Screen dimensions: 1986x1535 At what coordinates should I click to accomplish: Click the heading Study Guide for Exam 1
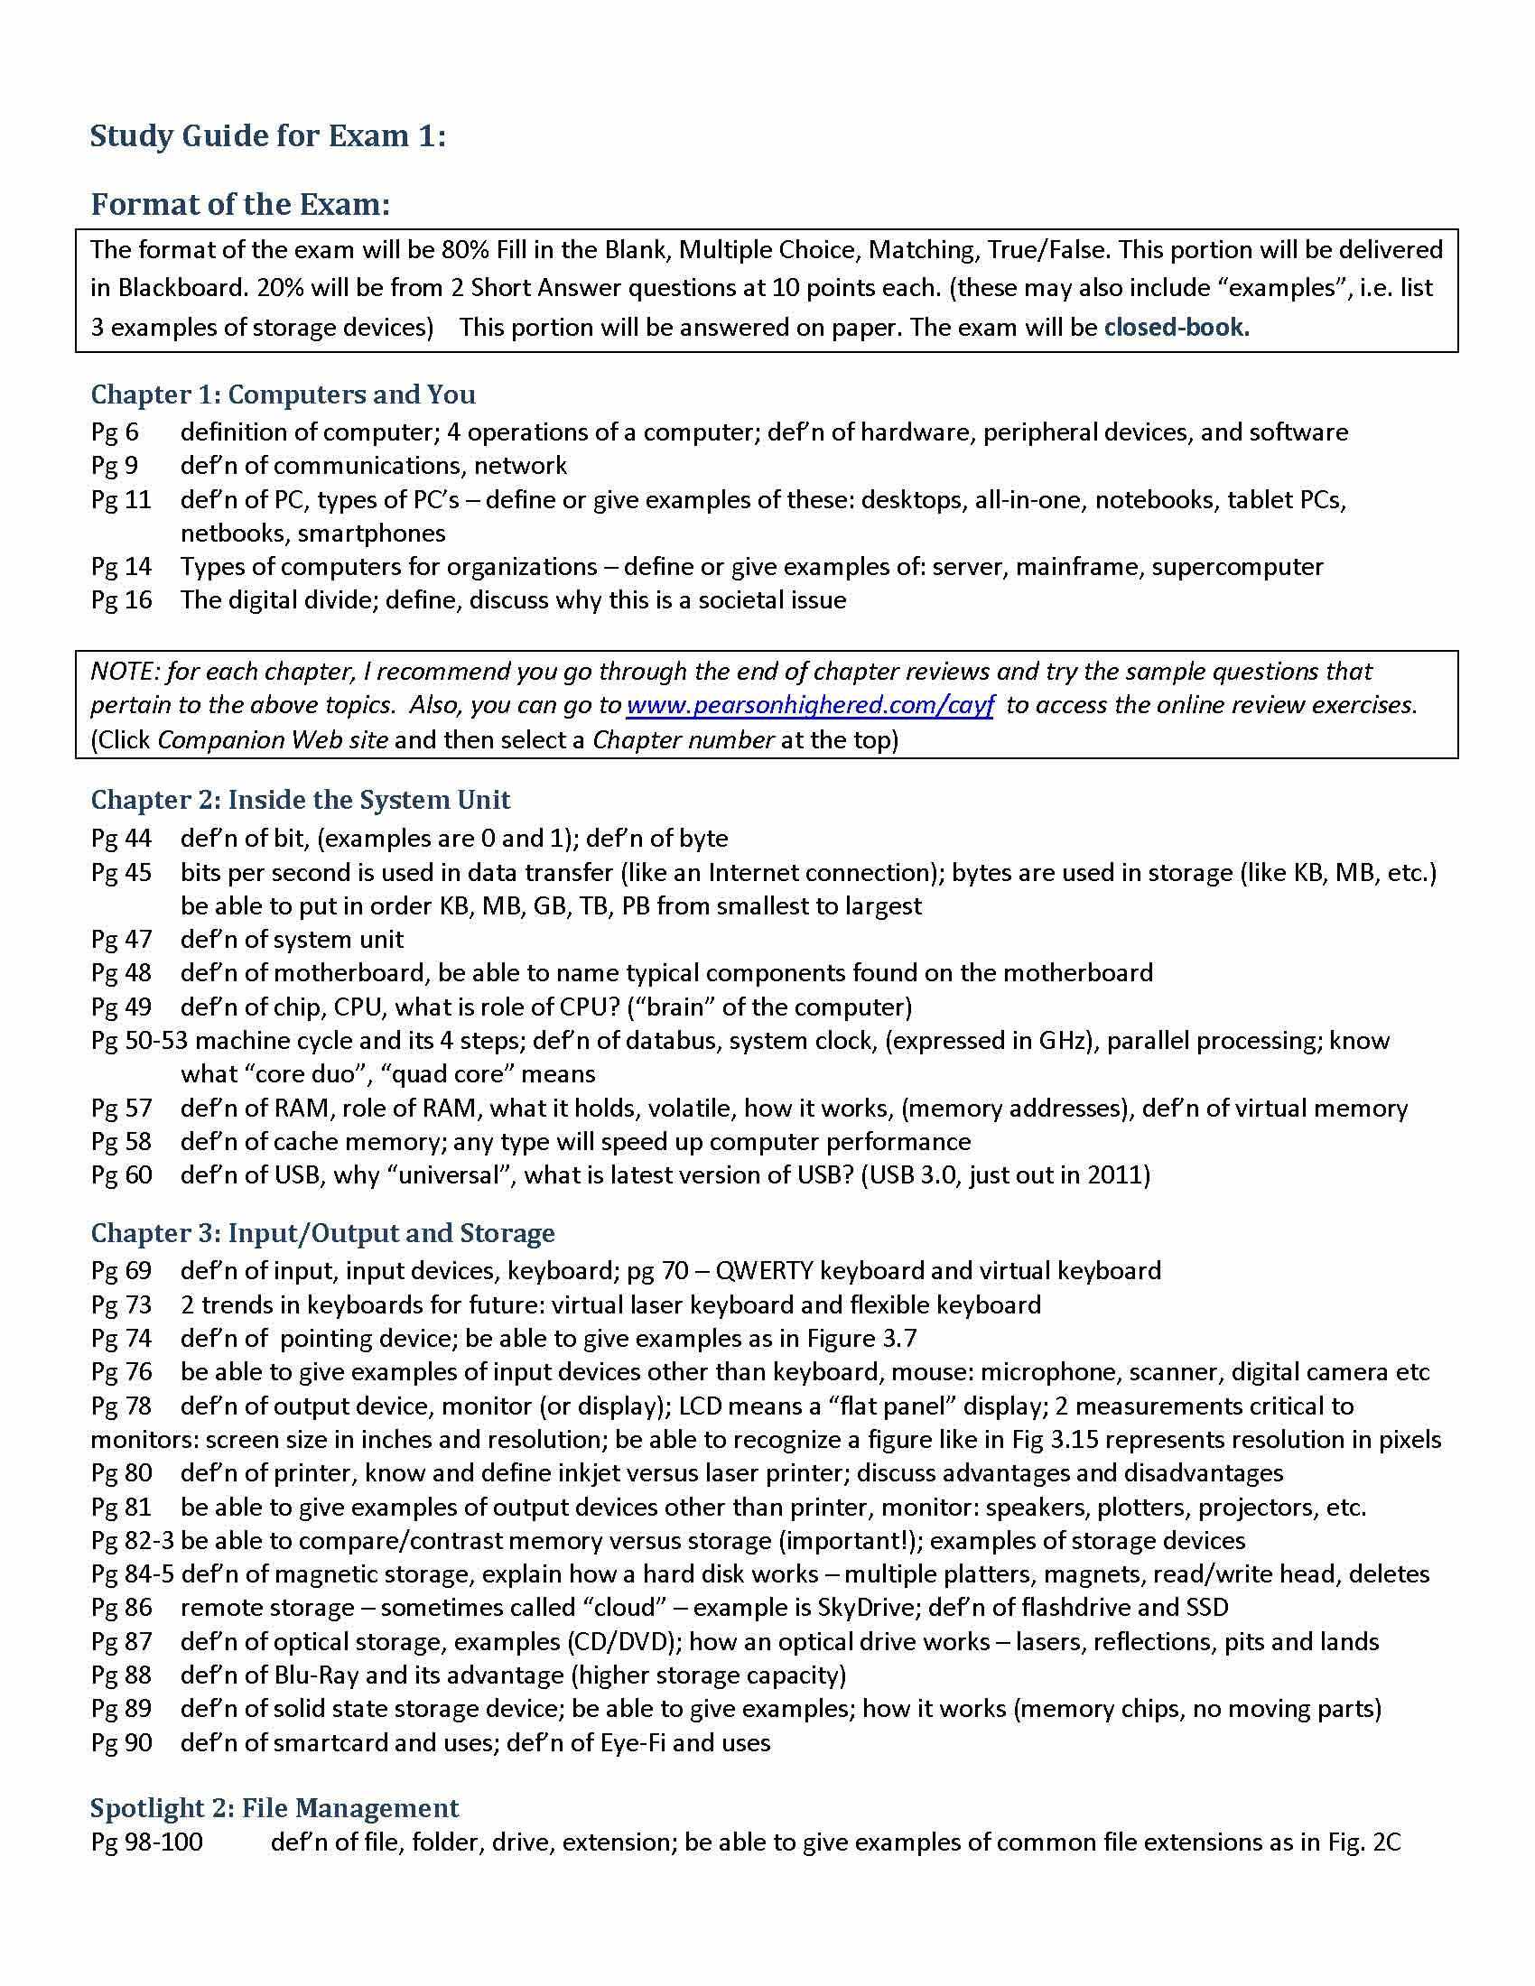268,136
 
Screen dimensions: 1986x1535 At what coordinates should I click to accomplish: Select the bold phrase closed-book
1176,328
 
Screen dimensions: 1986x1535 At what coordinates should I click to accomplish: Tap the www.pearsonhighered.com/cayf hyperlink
810,705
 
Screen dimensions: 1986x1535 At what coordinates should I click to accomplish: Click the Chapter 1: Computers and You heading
283,394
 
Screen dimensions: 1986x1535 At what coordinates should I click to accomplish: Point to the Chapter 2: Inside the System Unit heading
300,799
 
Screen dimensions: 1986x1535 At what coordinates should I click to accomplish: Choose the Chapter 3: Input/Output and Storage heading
323,1233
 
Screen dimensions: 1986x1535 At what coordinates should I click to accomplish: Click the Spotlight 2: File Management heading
274,1808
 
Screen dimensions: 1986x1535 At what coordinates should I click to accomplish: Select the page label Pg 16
121,600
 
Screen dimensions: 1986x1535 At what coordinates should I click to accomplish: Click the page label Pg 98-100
146,1842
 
